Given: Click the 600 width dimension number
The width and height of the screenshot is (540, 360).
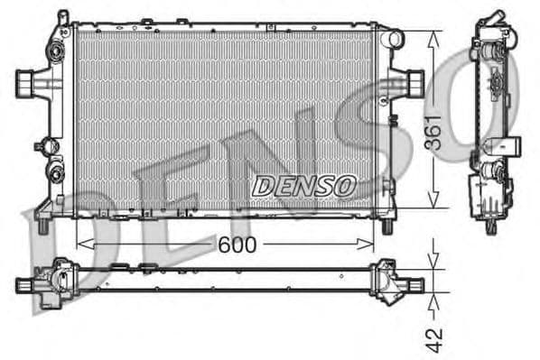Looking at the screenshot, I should tap(237, 245).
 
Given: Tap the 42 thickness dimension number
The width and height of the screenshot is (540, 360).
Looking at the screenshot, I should tap(435, 339).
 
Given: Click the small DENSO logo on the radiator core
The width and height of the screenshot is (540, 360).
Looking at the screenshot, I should tap(303, 186).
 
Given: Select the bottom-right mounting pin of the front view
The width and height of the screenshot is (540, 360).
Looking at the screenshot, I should tap(387, 226).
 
